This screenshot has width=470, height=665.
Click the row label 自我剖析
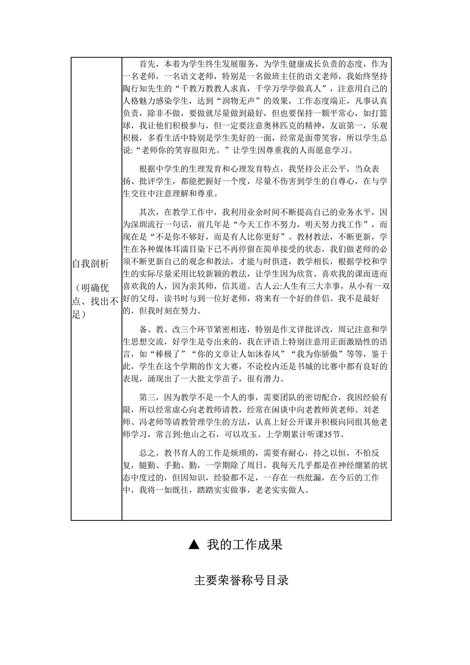91,264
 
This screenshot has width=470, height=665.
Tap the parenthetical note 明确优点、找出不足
95,301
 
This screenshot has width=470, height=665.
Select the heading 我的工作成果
245,544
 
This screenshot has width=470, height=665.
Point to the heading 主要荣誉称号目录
241,580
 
